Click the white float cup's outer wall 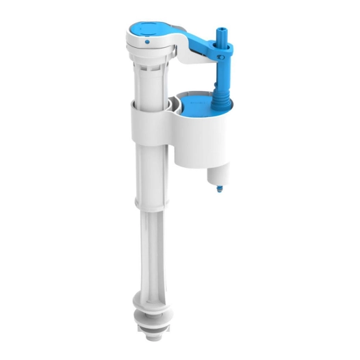tap(195, 140)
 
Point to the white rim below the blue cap tap(146, 51)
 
